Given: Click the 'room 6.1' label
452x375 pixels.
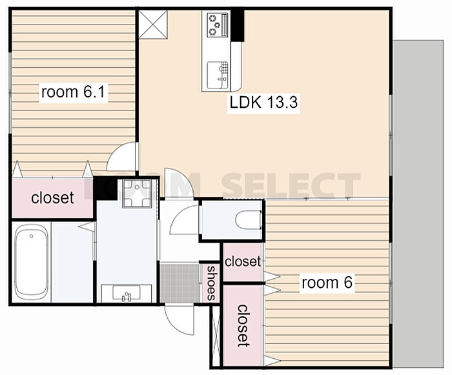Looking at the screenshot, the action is coord(73,92).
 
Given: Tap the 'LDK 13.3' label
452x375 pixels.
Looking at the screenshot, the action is coord(263,103).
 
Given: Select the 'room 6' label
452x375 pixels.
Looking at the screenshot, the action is coord(327,283).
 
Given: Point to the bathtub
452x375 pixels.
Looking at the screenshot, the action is coord(32,263).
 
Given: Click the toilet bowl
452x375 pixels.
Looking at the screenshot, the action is coord(248,219).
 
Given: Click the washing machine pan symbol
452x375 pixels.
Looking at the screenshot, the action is coord(137,193).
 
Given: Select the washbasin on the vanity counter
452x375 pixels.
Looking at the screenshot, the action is coord(127,293).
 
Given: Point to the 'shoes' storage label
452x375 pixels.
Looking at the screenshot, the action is coord(212,283).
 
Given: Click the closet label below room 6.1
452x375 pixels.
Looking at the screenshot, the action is coord(52,198).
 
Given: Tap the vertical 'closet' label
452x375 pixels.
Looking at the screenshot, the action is coord(243,325).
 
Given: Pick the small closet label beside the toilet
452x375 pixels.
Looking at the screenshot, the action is coord(243,261).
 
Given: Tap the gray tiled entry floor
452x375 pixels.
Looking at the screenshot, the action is coord(180,283).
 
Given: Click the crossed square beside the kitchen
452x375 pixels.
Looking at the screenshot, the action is coord(153,25).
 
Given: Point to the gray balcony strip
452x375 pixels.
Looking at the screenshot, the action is coord(418,204).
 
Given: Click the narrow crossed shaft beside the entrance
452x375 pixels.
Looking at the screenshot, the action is coord(216,336).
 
